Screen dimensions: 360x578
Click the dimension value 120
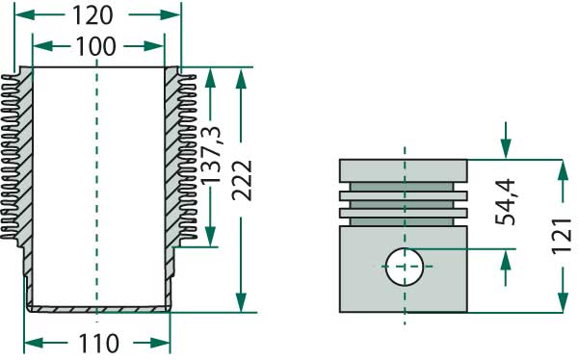click(97, 15)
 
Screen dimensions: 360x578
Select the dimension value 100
click(97, 45)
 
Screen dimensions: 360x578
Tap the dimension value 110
click(96, 342)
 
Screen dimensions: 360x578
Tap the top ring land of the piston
click(404, 170)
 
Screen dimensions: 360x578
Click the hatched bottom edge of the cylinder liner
click(96, 309)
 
